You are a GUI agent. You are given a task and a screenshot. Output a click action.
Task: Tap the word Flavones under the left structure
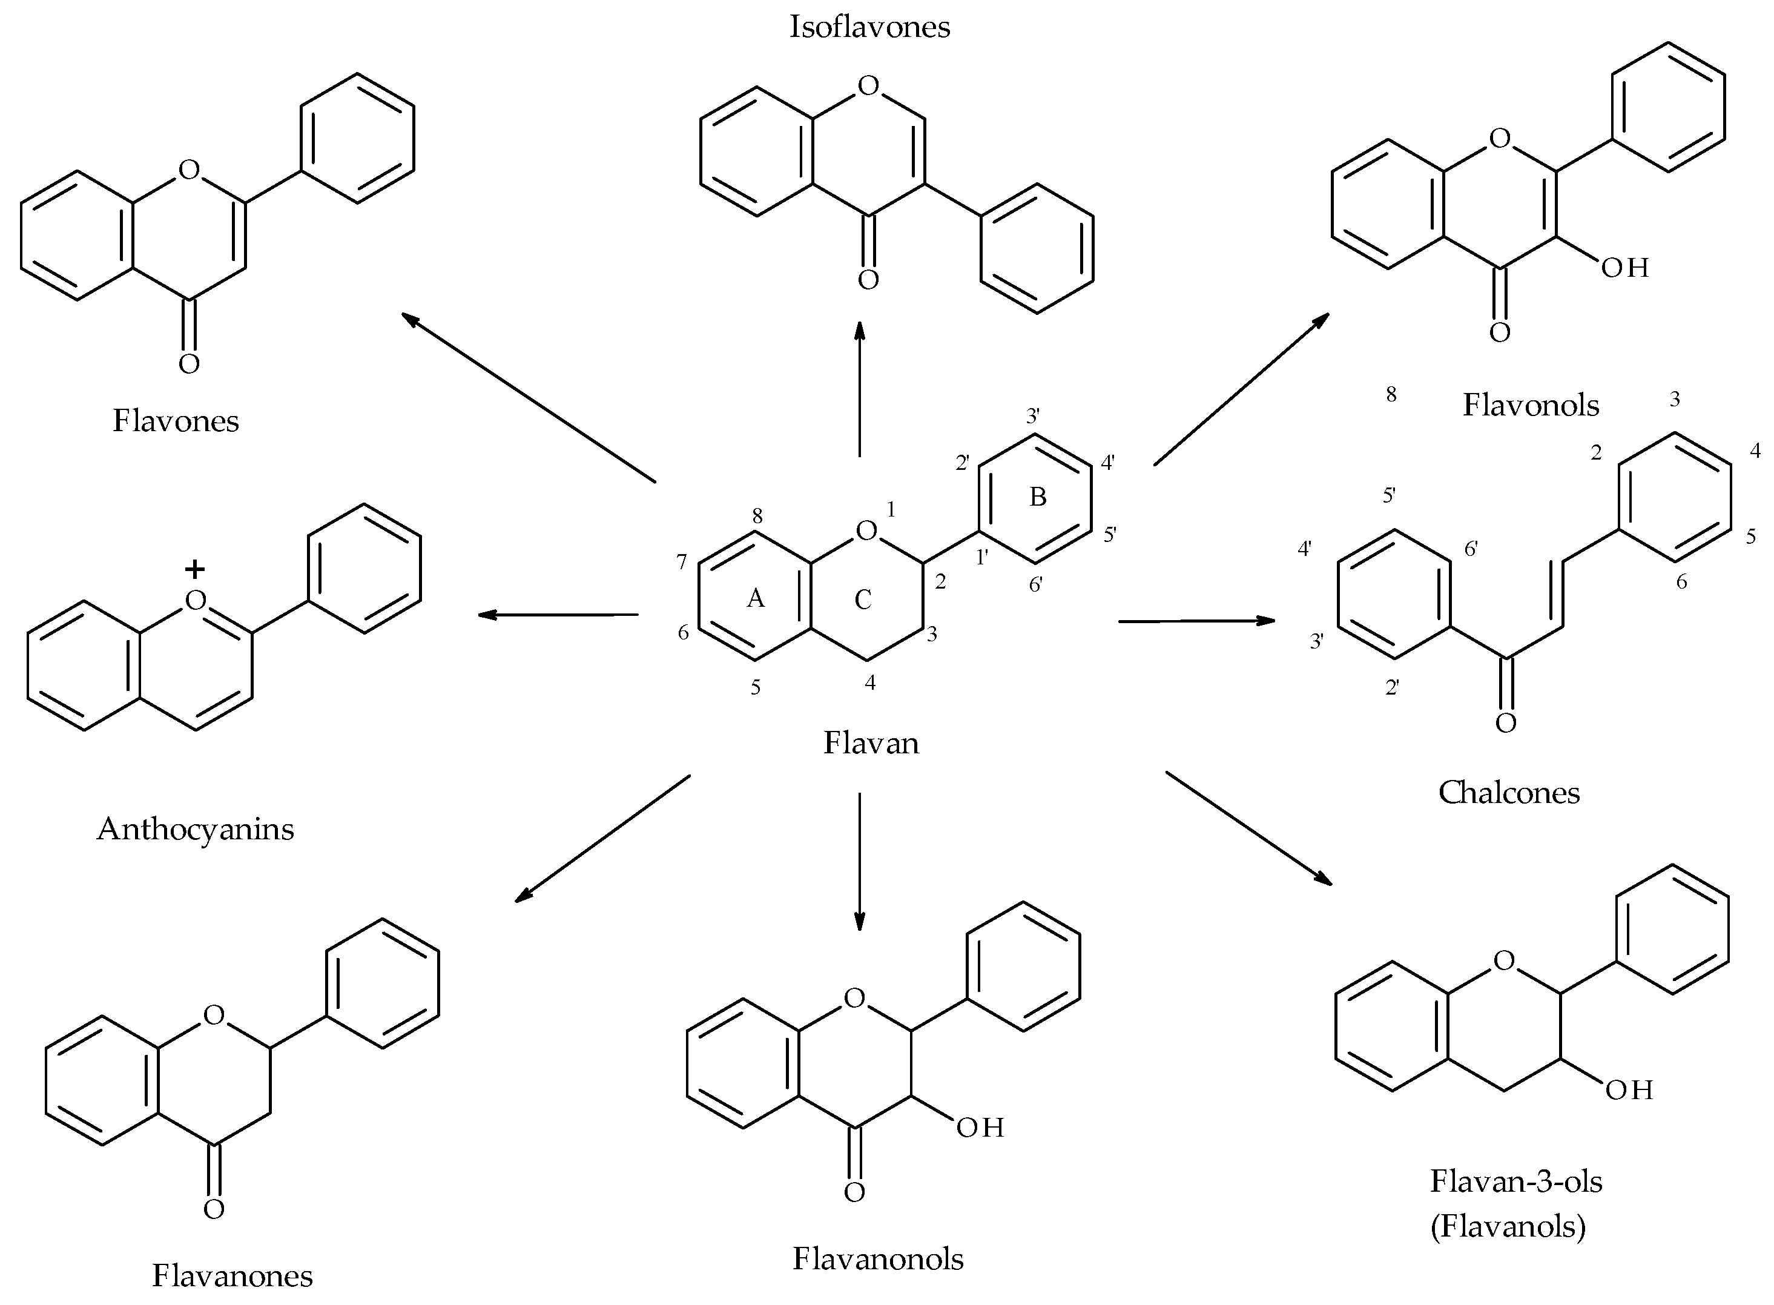pos(176,421)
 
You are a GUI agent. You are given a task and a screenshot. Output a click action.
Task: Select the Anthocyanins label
pos(195,830)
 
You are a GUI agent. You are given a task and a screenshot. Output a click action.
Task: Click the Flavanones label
pos(232,1275)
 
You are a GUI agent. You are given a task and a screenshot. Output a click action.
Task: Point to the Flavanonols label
pos(877,1259)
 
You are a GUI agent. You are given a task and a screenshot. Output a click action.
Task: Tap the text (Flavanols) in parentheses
pos(1507,1227)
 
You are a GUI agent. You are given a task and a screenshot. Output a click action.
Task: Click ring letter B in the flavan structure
pos(1037,497)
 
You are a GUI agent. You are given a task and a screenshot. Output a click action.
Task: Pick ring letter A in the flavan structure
pos(755,599)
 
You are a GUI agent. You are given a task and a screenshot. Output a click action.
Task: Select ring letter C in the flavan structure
pos(863,600)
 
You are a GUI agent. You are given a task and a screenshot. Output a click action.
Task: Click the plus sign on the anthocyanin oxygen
pos(194,569)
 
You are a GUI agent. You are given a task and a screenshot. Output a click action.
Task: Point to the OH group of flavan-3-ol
pos(1629,1090)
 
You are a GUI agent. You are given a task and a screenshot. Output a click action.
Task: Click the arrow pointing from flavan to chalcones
pos(1196,622)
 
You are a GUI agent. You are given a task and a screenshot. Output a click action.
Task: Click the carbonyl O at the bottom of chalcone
pos(1505,724)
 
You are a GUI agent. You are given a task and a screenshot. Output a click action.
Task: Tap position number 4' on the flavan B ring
pos(1107,463)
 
